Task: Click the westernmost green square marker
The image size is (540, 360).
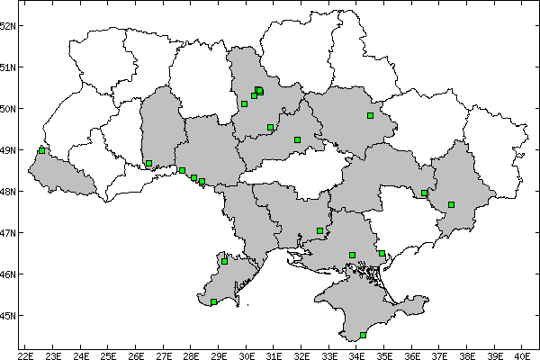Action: pos(41,150)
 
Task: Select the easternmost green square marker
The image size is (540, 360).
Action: pos(451,204)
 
